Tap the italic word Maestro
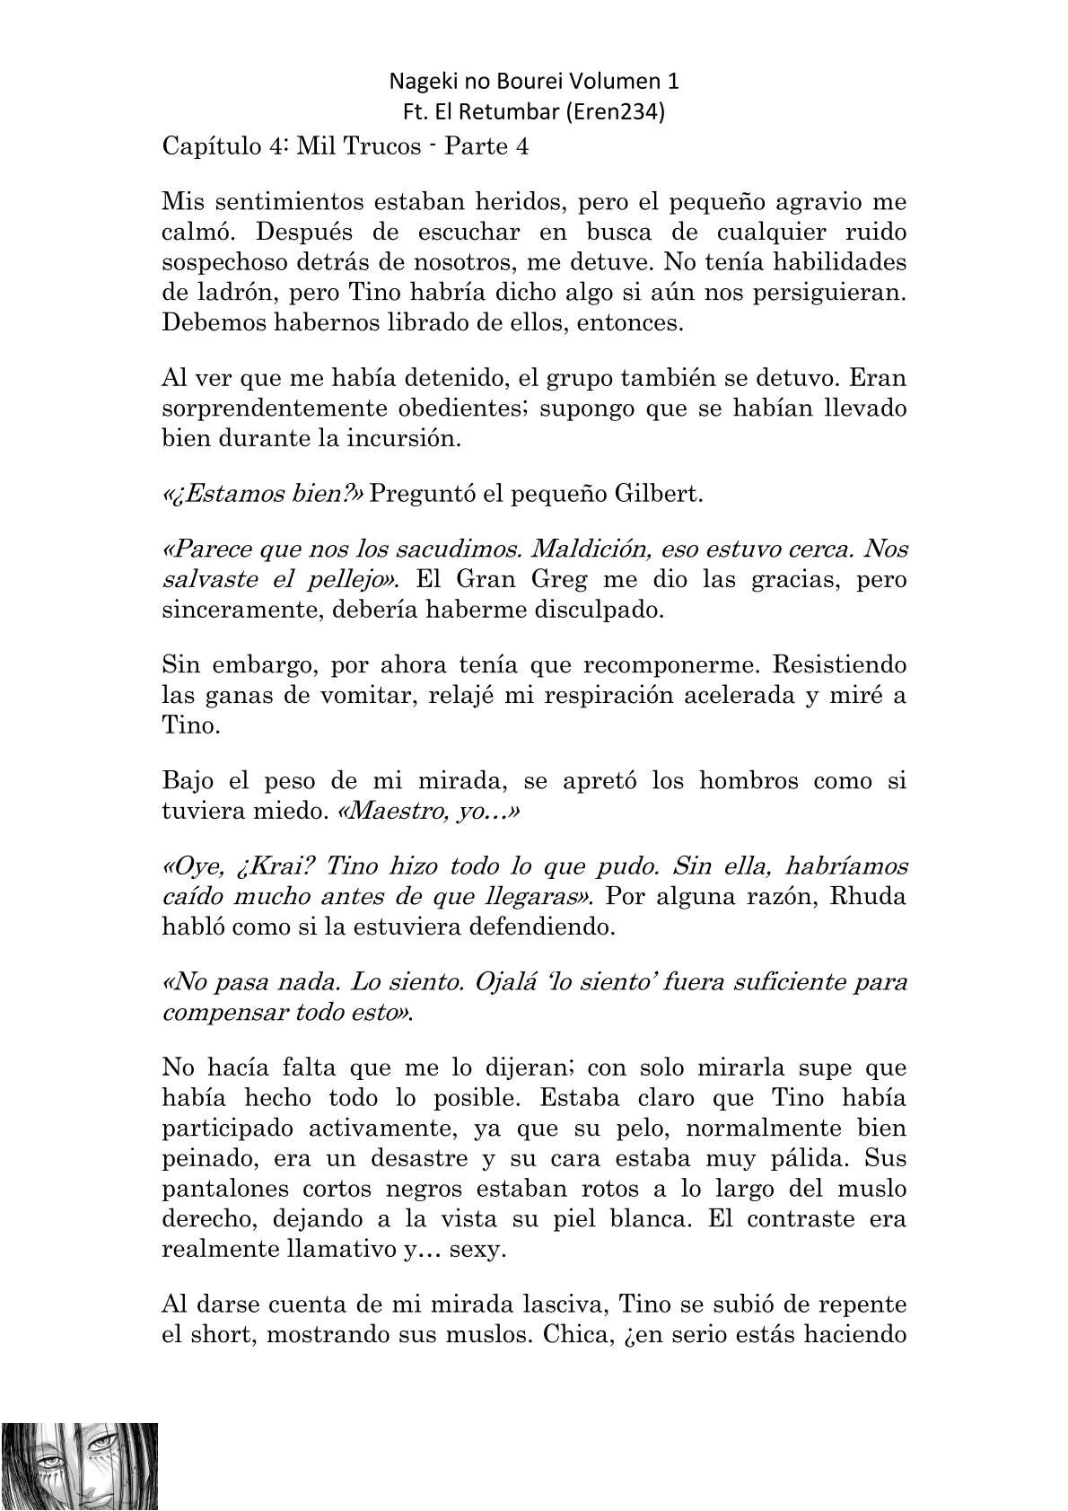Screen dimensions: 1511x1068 [x=387, y=812]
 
